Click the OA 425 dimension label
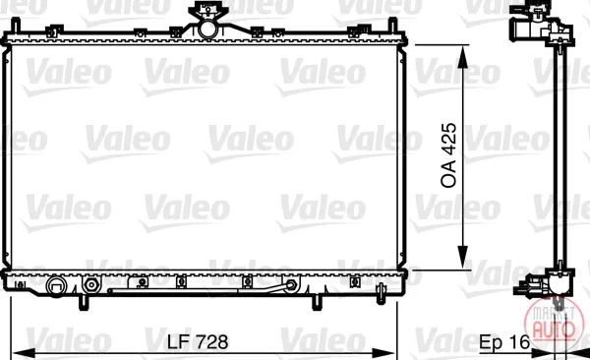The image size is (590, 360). click(448, 155)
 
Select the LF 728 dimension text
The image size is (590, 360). click(198, 342)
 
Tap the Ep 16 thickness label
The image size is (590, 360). click(504, 342)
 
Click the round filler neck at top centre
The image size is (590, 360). click(206, 29)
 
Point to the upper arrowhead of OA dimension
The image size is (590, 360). click(463, 57)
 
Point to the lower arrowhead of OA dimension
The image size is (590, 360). click(463, 257)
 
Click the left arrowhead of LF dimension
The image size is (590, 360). click(24, 353)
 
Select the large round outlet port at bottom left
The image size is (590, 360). click(56, 286)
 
